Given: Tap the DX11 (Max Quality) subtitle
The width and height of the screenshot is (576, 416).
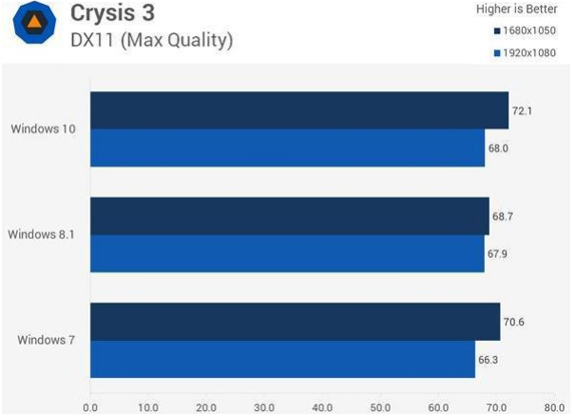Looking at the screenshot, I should coord(151,40).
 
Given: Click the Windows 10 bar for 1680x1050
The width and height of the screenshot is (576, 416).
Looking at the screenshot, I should coord(299,110).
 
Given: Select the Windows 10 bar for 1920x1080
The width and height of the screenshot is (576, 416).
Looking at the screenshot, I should coord(287,148).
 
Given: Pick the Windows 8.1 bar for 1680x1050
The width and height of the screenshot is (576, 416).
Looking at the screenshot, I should coord(289,216).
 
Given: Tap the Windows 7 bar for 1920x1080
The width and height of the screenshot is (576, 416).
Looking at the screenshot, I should coord(282,359).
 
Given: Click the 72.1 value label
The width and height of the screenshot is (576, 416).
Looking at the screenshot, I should coord(523,110).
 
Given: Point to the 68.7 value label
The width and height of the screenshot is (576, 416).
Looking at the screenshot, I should coord(503,217).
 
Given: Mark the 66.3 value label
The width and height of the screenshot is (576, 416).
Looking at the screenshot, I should coord(489,359).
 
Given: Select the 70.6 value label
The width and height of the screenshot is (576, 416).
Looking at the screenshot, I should coord(513,322).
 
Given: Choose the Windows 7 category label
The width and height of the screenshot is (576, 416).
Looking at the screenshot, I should coord(47,340).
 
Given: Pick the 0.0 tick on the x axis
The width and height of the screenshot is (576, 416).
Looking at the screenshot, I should coord(90,407).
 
